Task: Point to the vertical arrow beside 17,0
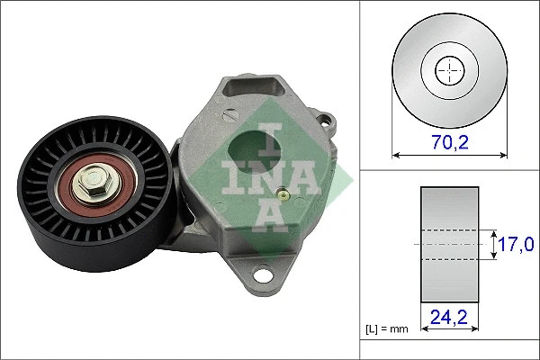point(494,244)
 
